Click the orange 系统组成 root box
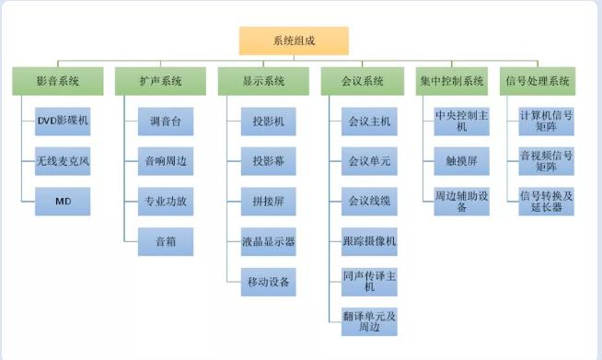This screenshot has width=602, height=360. (294, 41)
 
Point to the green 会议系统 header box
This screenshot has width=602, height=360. (366, 81)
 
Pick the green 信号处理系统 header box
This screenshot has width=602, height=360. (538, 81)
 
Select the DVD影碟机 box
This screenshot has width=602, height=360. (64, 121)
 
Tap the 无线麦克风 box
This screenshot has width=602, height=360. (64, 160)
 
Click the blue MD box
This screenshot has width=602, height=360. (64, 201)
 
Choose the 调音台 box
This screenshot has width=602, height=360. (166, 121)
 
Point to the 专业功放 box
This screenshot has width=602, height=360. (166, 201)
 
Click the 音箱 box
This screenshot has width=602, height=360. (166, 240)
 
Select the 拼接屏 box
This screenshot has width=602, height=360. (269, 201)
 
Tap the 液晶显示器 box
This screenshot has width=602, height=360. (269, 240)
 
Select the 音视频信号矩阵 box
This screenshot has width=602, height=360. (546, 160)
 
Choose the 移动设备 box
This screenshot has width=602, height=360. (269, 281)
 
